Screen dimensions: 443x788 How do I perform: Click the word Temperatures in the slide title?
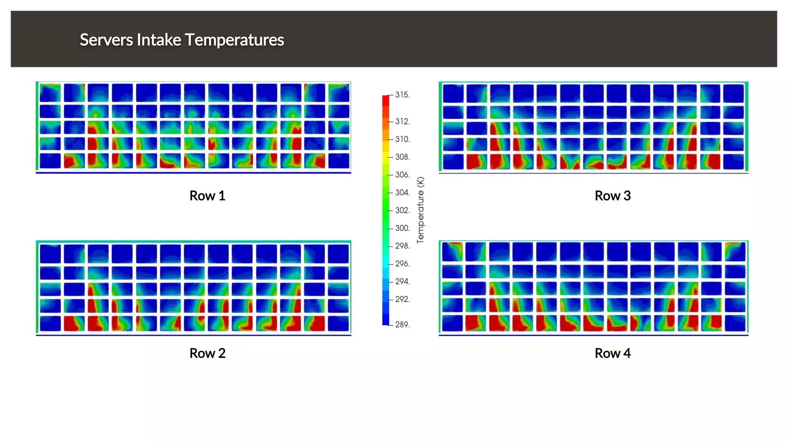click(234, 40)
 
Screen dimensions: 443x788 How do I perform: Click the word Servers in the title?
click(106, 40)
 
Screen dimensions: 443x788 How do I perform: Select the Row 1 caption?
click(207, 196)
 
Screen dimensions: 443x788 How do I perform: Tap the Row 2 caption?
click(207, 353)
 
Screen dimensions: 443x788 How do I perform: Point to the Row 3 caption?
click(613, 196)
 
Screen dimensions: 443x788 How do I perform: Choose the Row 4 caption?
click(613, 353)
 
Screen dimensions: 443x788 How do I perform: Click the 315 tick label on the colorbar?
click(402, 95)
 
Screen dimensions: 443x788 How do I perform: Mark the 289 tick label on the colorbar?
click(402, 325)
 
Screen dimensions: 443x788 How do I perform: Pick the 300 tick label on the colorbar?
click(402, 228)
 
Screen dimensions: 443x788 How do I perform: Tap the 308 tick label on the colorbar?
click(402, 157)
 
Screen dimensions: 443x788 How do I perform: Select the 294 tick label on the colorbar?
click(402, 281)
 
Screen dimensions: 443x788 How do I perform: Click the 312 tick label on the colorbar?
click(402, 122)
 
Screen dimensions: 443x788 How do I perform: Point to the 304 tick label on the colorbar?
click(402, 193)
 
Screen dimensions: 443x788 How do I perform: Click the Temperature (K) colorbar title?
click(420, 210)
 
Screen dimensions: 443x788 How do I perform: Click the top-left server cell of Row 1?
click(50, 93)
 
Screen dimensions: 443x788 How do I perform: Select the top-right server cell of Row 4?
click(735, 251)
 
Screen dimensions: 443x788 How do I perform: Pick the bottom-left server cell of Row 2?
click(50, 323)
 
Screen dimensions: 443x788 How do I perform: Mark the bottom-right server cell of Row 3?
click(733, 162)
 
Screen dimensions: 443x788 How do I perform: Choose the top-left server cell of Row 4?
click(452, 251)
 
